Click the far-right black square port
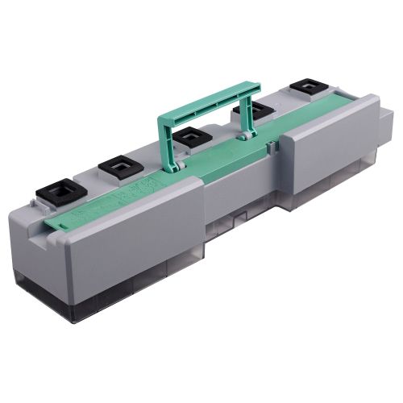tap(307, 85)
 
